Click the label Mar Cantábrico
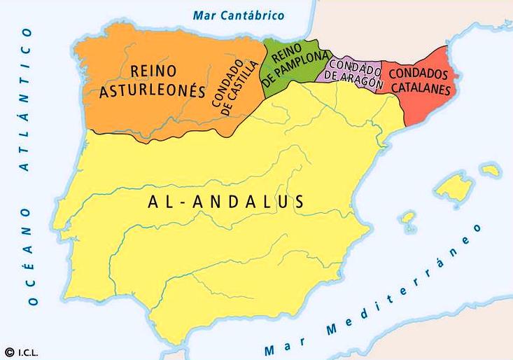239,15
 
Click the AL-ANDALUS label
226,202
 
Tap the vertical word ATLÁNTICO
26,99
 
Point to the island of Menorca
490,169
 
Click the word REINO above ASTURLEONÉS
153,71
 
